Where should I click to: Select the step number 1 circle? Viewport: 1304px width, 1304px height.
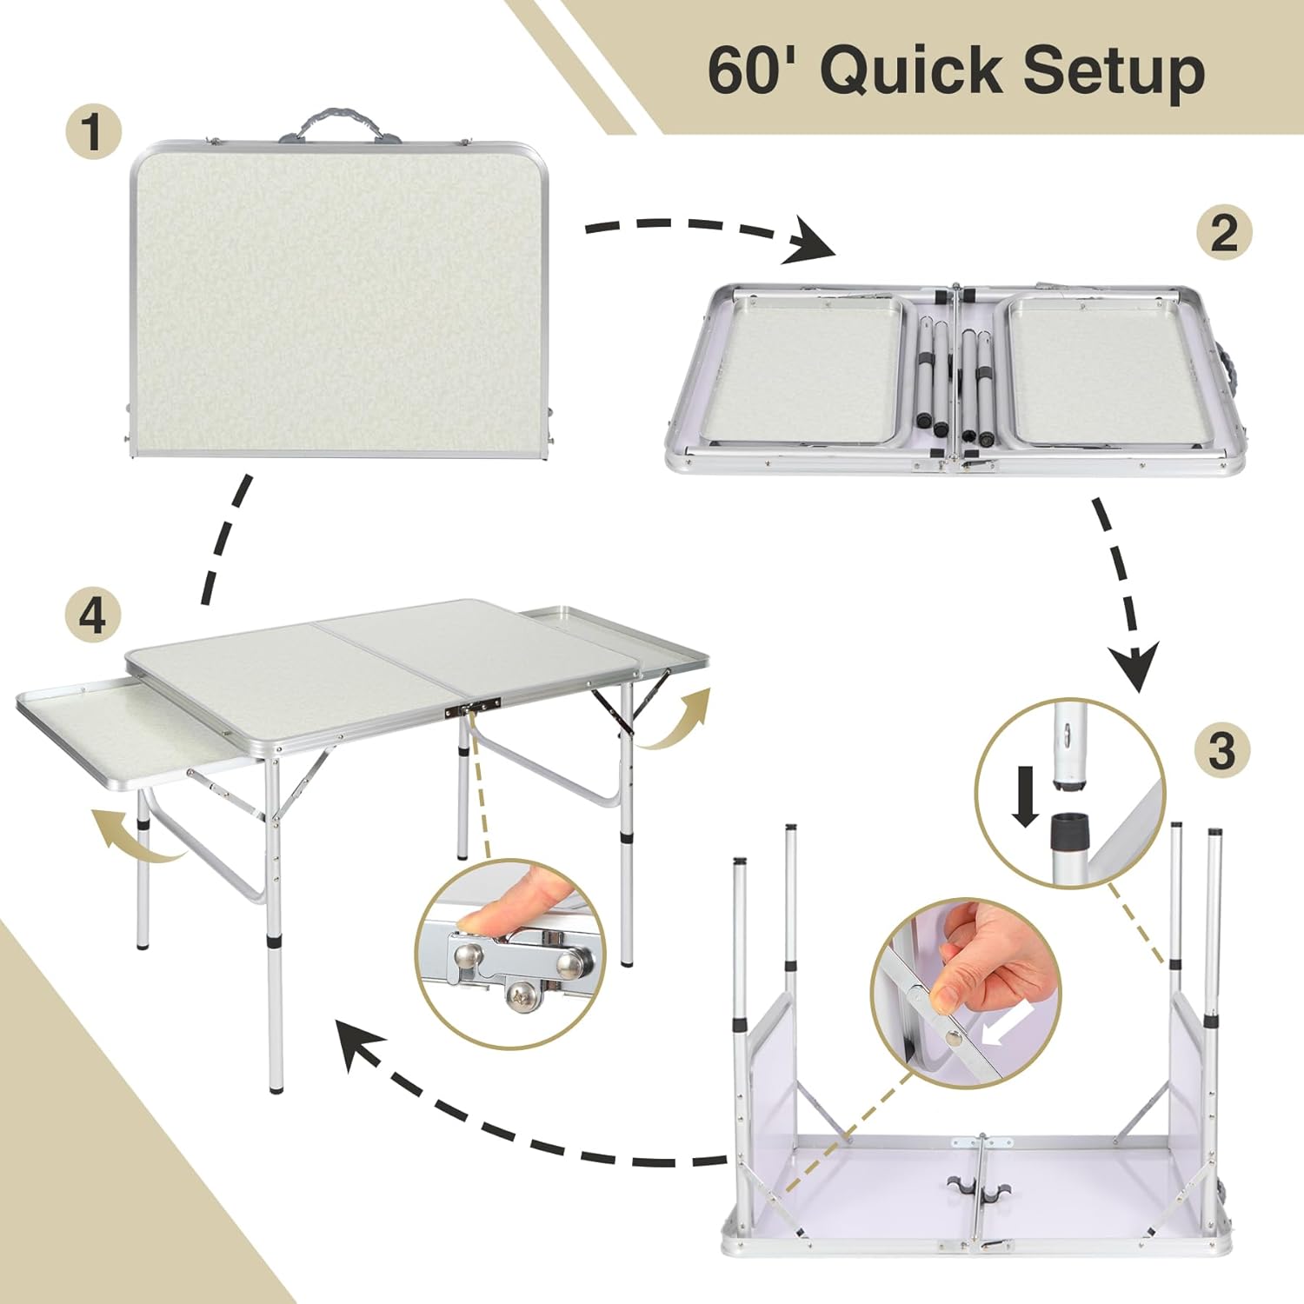(x=92, y=132)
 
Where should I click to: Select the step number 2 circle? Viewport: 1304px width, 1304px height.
(x=1223, y=232)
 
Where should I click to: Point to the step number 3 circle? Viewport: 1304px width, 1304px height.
(x=1221, y=749)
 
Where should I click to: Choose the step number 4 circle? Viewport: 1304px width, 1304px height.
(x=92, y=615)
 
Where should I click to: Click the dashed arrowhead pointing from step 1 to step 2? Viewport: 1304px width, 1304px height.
(x=808, y=241)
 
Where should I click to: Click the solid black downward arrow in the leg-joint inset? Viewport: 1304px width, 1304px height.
(x=1026, y=796)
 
